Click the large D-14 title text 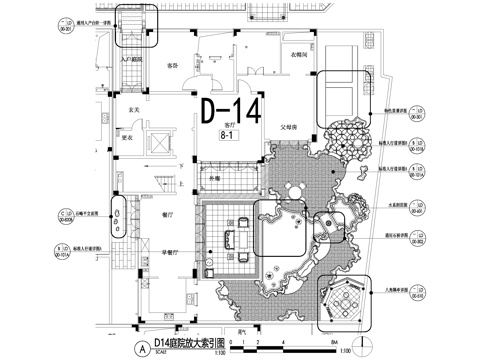[x=229, y=109]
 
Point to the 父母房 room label [x=290, y=127]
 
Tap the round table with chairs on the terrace [x=296, y=190]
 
